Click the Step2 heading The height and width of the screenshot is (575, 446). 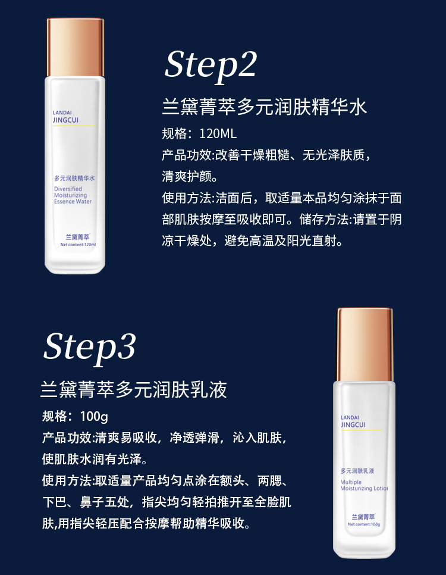[210, 64]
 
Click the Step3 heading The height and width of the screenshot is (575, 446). [89, 346]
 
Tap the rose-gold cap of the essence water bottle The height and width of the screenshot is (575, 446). [76, 47]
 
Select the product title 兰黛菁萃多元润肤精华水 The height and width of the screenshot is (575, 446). [265, 107]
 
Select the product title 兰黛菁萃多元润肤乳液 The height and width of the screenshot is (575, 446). [134, 390]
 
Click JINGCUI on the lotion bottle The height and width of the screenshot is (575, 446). [354, 424]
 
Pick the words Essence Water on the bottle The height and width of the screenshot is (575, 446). [73, 202]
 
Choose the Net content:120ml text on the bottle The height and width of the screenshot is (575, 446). [78, 245]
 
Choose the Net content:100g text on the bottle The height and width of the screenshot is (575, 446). [364, 524]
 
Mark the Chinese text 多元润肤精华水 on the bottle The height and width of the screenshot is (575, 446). [75, 178]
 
